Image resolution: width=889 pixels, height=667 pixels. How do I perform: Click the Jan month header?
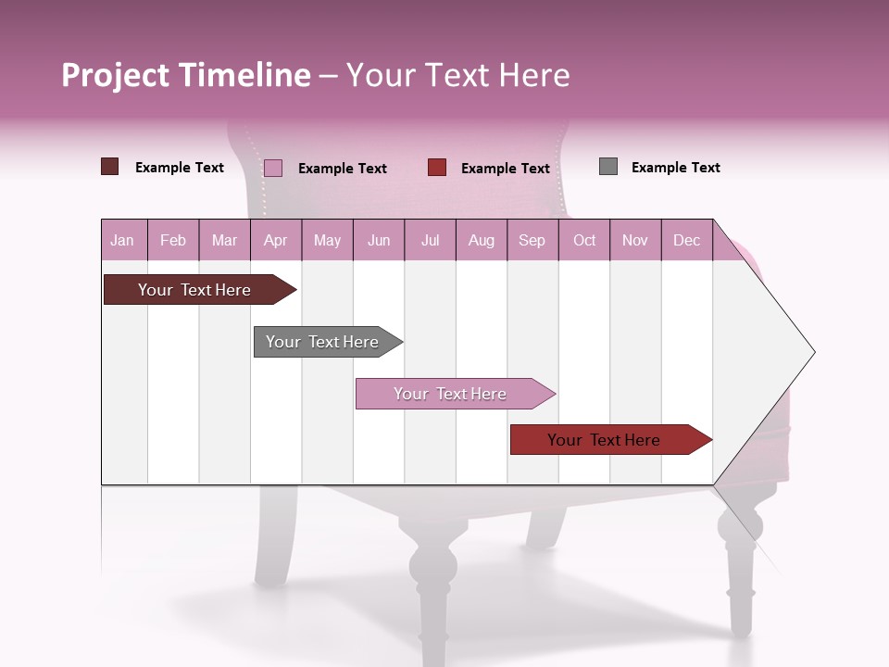point(122,241)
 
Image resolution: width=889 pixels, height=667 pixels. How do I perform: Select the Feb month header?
point(173,241)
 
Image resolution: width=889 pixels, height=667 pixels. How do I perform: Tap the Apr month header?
point(275,241)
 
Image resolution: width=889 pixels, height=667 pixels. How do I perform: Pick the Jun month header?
point(379,241)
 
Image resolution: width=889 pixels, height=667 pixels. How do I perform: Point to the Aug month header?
point(481,241)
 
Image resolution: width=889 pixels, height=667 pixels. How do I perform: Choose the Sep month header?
point(532,241)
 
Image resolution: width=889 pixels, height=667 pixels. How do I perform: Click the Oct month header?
point(584,241)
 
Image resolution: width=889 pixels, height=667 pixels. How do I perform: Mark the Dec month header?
point(686,241)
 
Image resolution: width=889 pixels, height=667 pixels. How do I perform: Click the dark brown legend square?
point(110,167)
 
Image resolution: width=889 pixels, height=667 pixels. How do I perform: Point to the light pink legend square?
point(273,168)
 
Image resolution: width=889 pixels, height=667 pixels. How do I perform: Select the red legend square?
point(437,168)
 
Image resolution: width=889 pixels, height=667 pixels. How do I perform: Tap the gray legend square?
point(608,167)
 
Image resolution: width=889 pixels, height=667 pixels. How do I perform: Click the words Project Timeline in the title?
point(186,75)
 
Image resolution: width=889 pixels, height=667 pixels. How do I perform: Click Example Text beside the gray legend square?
point(675,168)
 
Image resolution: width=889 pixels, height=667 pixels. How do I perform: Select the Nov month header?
point(635,241)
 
